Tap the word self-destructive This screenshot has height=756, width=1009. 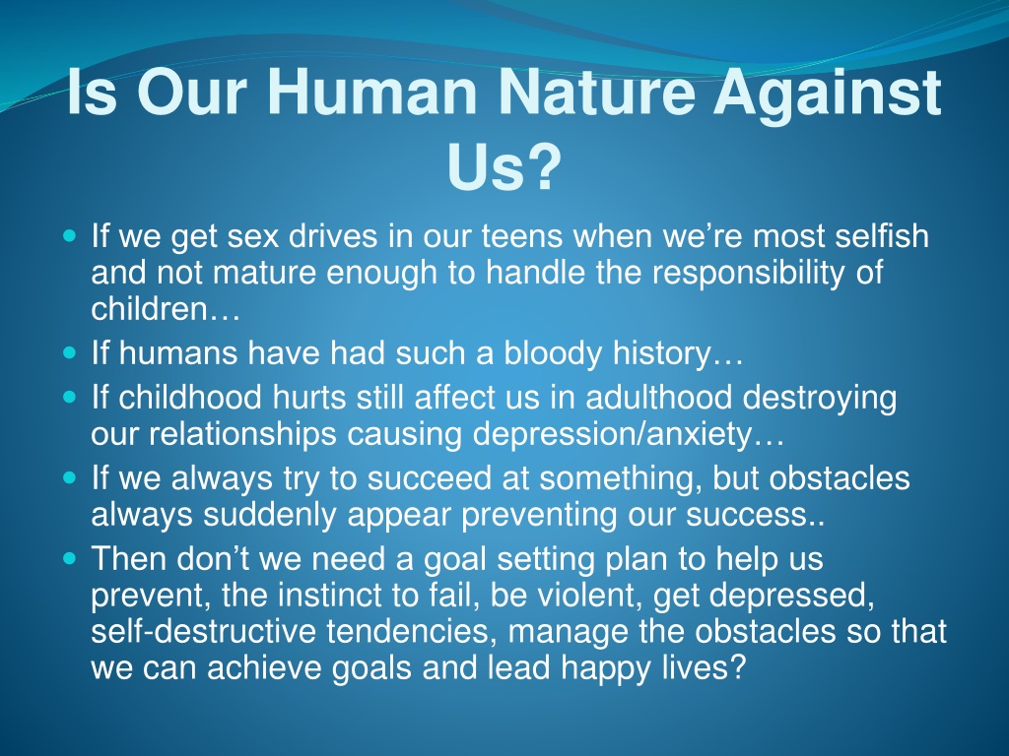pyautogui.click(x=203, y=631)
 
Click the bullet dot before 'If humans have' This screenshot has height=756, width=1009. pyautogui.click(x=70, y=353)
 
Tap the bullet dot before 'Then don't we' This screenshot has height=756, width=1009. pyautogui.click(x=70, y=558)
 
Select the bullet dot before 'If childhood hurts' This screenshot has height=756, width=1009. pyautogui.click(x=70, y=397)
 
